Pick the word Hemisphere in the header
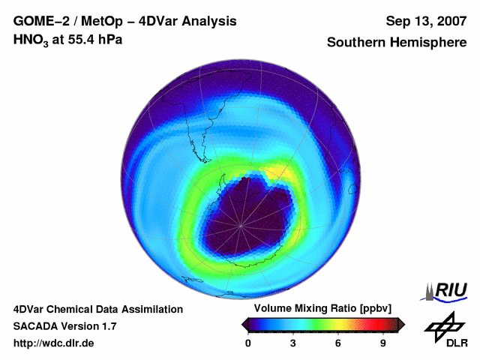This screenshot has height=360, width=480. coord(429,43)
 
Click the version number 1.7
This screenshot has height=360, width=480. coord(109,326)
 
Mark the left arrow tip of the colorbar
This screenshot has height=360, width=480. coord(244,324)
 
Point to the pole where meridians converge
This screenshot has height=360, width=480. coord(241,224)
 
